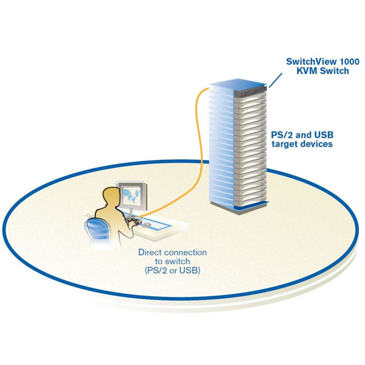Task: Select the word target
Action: click(x=292, y=145)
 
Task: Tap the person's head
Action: click(x=111, y=197)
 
